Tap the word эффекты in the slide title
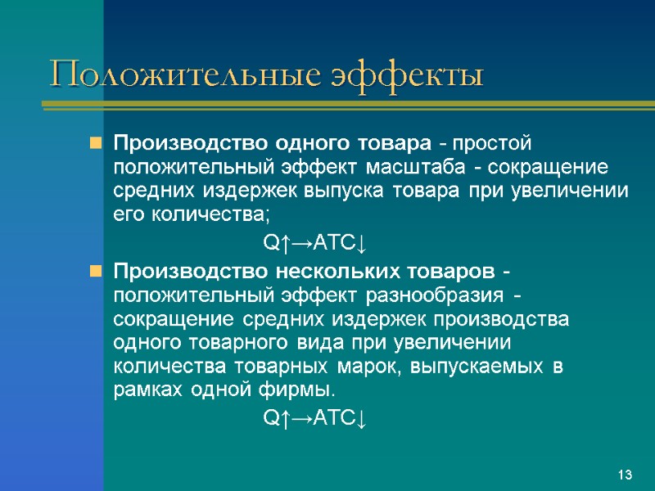pyautogui.click(x=408, y=76)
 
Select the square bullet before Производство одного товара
pyautogui.click(x=96, y=144)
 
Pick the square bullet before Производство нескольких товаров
pyautogui.click(x=96, y=271)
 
